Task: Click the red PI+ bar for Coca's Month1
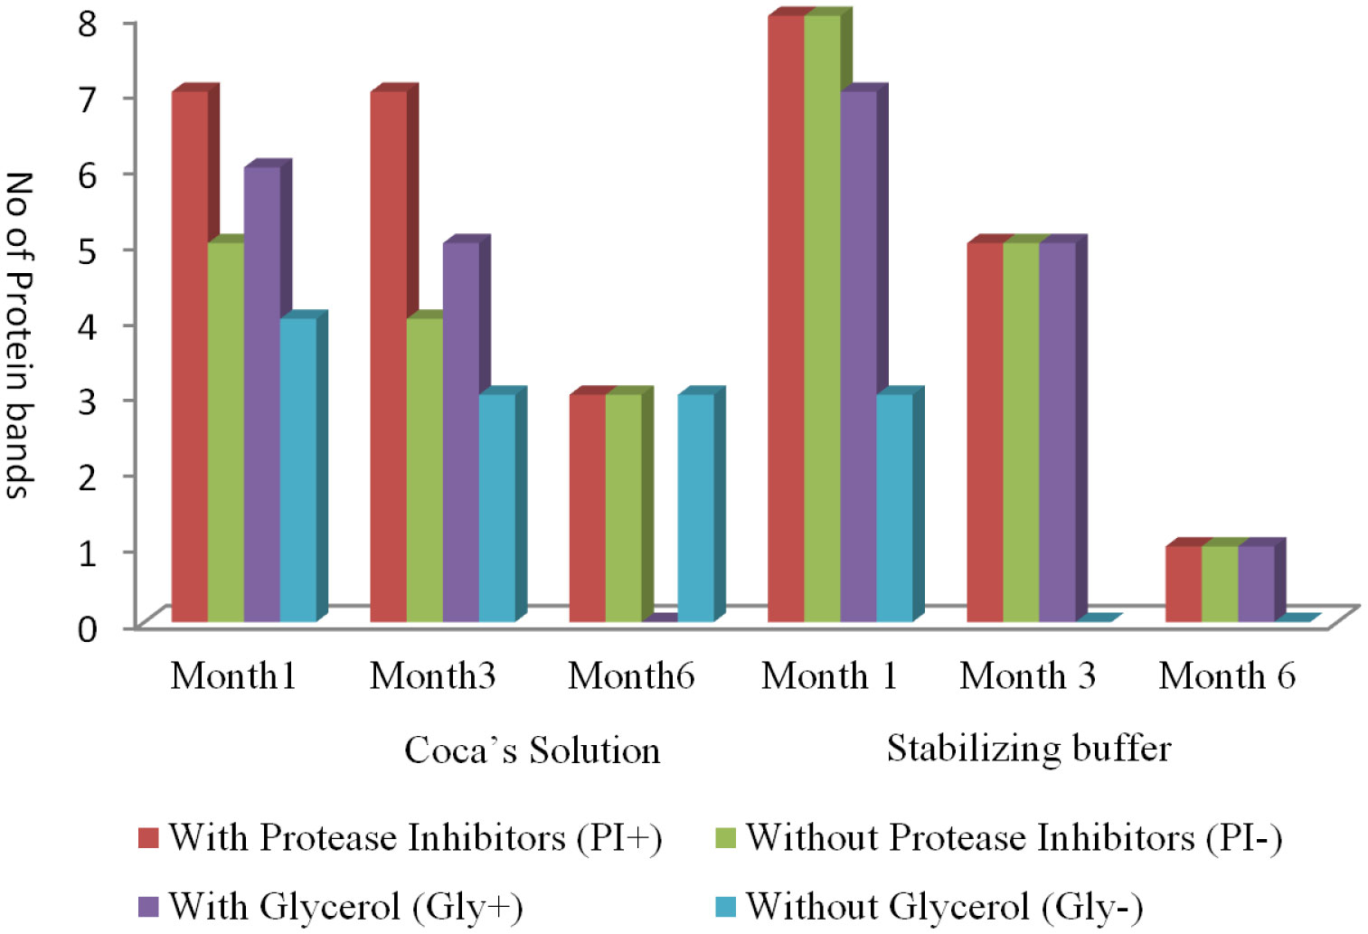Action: pos(190,356)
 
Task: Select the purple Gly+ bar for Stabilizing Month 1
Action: pos(858,356)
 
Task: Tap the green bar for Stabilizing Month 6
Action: pos(1220,584)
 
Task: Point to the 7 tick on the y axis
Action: pos(88,98)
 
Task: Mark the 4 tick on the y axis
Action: pos(88,325)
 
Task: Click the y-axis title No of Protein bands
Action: pos(20,335)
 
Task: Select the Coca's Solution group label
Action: pos(532,750)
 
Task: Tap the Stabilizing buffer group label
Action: pos(1028,749)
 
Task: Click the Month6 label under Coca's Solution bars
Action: pos(631,676)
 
